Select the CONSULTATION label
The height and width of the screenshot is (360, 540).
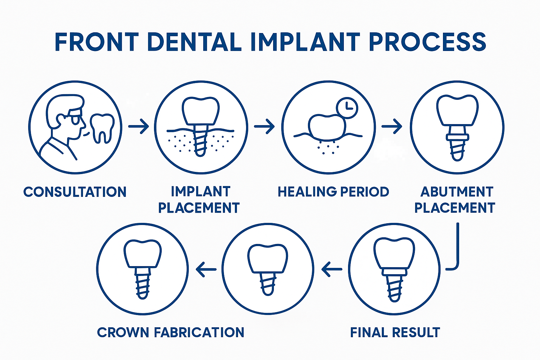pos(75,192)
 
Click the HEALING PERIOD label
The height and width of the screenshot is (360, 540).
pos(333,192)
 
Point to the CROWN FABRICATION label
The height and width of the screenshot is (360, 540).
pos(171,333)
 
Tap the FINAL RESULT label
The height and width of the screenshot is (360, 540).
pos(395,333)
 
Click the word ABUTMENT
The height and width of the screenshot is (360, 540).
pos(457,192)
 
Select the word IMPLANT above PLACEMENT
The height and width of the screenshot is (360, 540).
pos(200,192)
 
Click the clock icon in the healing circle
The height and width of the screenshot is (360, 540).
pos(347,107)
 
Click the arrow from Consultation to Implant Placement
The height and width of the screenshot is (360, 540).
pos(139,126)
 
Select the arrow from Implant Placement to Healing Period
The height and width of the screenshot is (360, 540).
pos(264,126)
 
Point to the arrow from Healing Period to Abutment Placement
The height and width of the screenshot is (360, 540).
pos(392,126)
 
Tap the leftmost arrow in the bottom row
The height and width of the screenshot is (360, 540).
pos(206,270)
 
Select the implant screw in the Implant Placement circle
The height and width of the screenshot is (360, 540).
pos(200,142)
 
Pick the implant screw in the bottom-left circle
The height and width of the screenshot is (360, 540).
pos(142,285)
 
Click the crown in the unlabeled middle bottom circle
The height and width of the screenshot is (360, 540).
pos(268,258)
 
